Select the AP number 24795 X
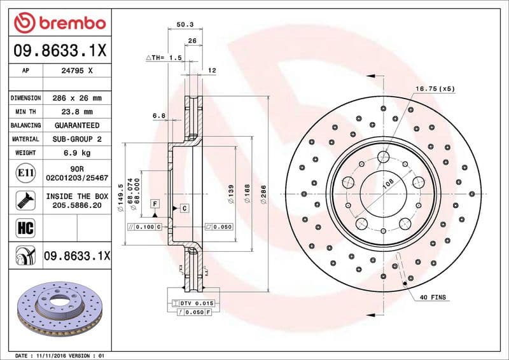76,71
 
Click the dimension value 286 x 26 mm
76,99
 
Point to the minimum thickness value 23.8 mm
76,112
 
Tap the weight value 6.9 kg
76,153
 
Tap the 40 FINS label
433,298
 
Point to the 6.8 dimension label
159,116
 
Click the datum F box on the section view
154,203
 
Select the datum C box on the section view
183,208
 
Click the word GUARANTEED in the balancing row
76,125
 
